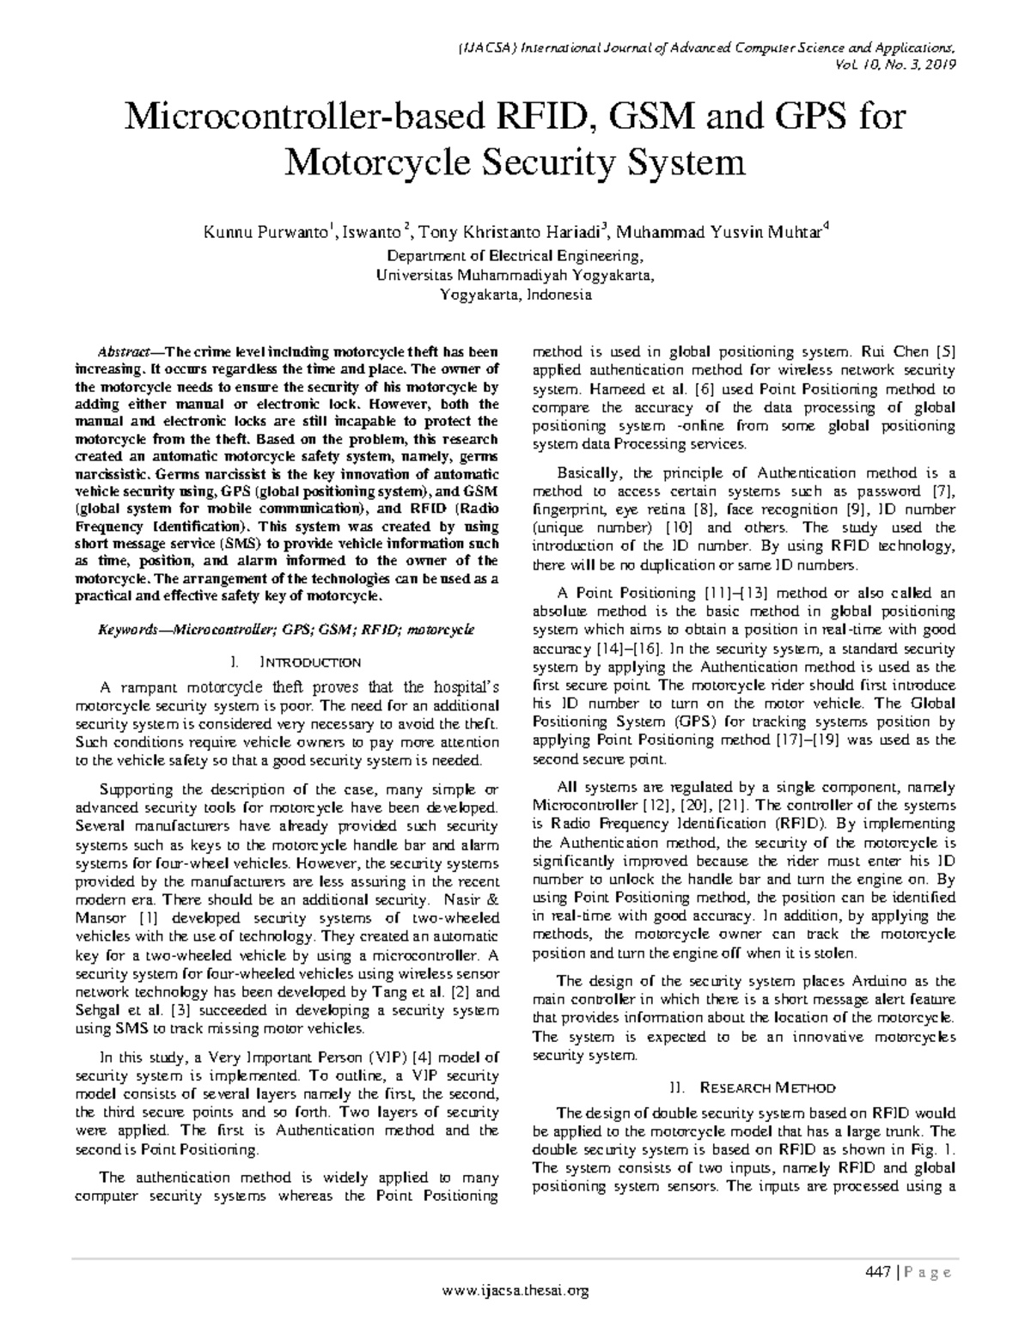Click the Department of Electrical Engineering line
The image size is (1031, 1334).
click(x=515, y=256)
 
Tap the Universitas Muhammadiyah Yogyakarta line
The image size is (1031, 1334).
click(x=515, y=275)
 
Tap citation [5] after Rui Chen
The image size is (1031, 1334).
click(x=945, y=351)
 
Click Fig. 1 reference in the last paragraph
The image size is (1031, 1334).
click(x=938, y=1149)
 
